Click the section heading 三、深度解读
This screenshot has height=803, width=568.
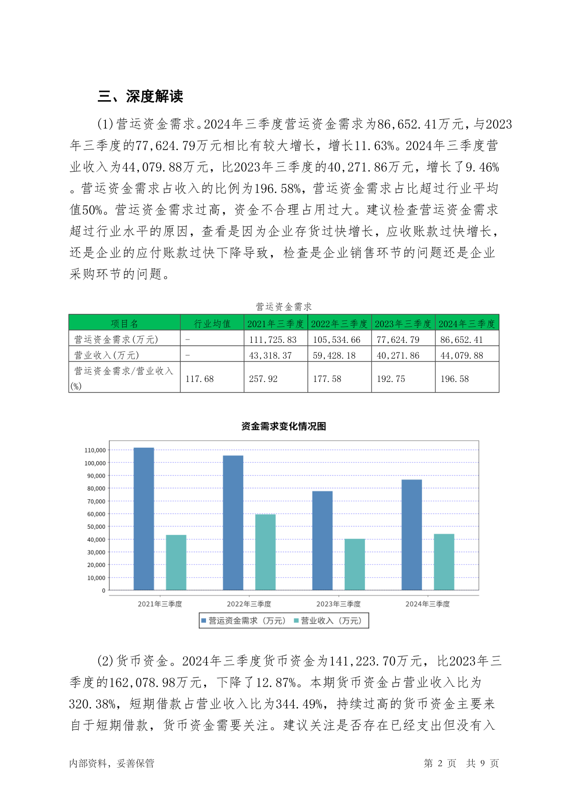pos(140,96)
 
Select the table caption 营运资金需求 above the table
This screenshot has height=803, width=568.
pos(283,307)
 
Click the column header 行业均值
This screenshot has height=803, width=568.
pos(212,324)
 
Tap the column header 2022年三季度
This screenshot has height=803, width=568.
pos(339,324)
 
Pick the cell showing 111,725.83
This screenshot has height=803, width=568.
pos(273,340)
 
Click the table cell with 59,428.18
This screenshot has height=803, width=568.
pos(337,355)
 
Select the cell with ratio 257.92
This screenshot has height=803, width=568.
pos(263,379)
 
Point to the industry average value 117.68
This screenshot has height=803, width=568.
pos(199,379)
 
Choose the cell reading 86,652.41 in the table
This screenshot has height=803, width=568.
pos(462,340)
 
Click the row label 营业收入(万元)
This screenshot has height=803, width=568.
pos(106,355)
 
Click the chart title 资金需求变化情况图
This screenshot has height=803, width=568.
pos(283,426)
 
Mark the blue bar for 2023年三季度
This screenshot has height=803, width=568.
pos(322,541)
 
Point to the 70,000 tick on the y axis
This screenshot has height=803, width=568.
pos(95,501)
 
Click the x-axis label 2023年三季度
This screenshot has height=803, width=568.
pos(338,604)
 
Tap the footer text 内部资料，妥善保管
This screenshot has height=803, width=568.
pos(112,763)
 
